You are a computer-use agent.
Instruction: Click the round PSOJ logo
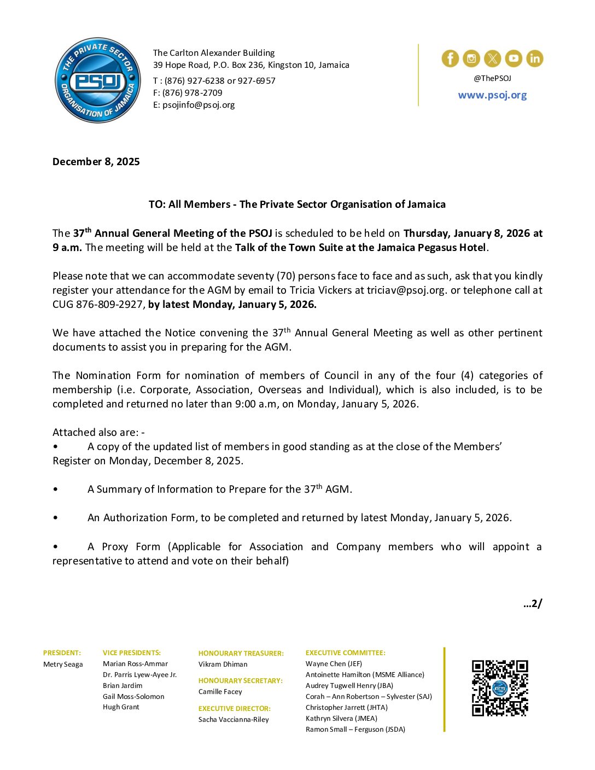point(98,80)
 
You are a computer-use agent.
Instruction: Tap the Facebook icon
point(450,59)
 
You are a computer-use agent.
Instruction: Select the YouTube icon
point(514,59)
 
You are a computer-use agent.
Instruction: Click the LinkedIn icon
point(534,59)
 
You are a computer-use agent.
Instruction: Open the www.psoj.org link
point(492,95)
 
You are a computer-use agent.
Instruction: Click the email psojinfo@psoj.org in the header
point(199,105)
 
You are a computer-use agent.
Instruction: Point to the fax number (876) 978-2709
point(192,93)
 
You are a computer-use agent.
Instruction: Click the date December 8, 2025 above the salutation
point(96,162)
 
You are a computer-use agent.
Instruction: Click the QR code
point(500,688)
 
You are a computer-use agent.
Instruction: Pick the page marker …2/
point(533,604)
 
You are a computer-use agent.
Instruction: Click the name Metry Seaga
point(63,664)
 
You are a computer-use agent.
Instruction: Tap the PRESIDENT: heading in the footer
point(62,653)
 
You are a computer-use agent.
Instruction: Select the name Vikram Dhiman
point(223,664)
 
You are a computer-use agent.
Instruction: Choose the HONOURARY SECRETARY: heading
point(241,681)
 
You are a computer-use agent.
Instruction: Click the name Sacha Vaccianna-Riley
point(234,720)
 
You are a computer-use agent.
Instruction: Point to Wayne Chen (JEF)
point(334,664)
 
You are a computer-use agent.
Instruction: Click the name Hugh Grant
point(121,707)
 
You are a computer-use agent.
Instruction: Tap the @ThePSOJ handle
point(492,79)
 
